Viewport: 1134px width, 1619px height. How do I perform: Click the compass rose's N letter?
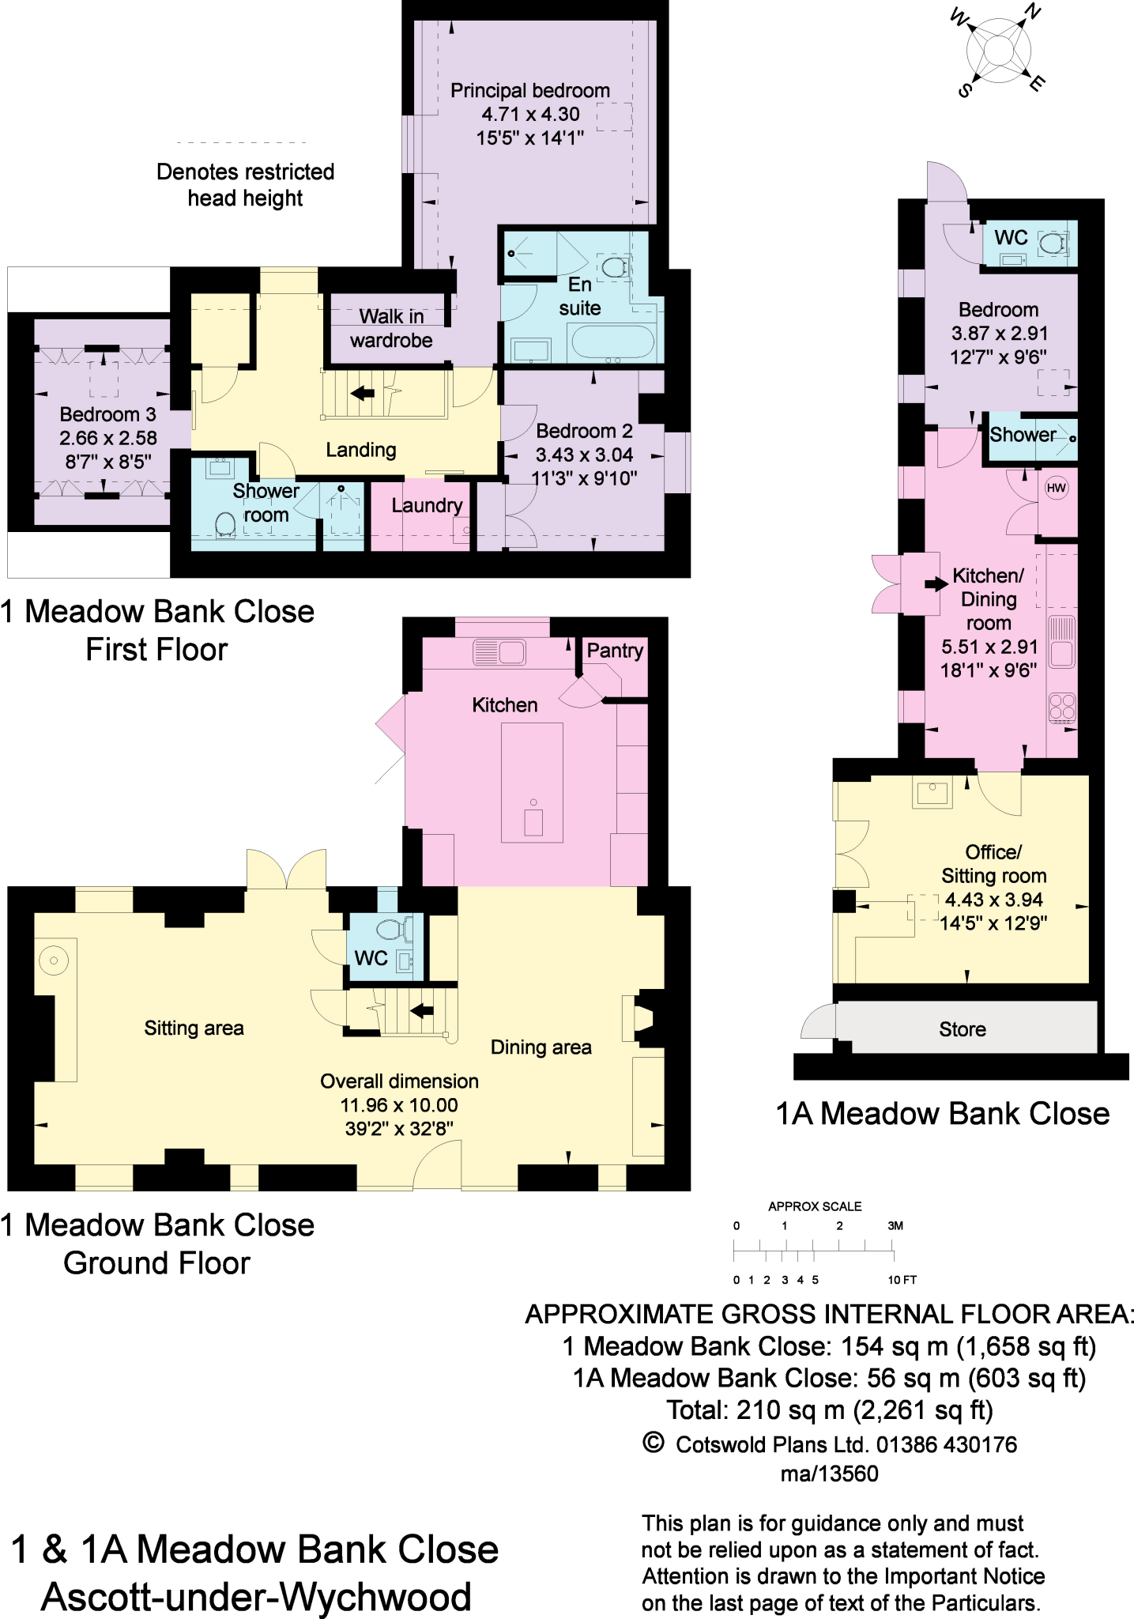coord(1032,11)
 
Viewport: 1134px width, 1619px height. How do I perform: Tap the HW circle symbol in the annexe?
coord(1057,488)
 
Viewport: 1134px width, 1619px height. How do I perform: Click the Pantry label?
coord(614,651)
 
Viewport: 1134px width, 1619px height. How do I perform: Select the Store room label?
coord(962,1029)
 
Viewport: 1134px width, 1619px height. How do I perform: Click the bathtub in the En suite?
coord(612,342)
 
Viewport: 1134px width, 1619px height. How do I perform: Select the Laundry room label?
coord(427,505)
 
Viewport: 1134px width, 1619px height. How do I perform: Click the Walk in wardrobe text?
coord(391,329)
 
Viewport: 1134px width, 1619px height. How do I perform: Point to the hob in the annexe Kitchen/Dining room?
coord(1062,708)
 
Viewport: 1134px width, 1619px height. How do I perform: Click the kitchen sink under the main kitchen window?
coord(499,652)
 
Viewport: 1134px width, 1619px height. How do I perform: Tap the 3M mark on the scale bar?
coord(895,1226)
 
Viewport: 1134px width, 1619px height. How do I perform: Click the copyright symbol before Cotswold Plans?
coord(653,1443)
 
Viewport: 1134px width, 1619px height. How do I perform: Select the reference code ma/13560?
coord(829,1474)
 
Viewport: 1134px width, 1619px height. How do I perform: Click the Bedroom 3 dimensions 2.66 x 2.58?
coord(108,438)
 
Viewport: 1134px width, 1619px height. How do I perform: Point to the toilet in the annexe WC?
coord(1051,243)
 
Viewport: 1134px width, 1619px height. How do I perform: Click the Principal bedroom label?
coord(529,91)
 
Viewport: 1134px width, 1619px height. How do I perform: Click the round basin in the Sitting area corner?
coord(54,960)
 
